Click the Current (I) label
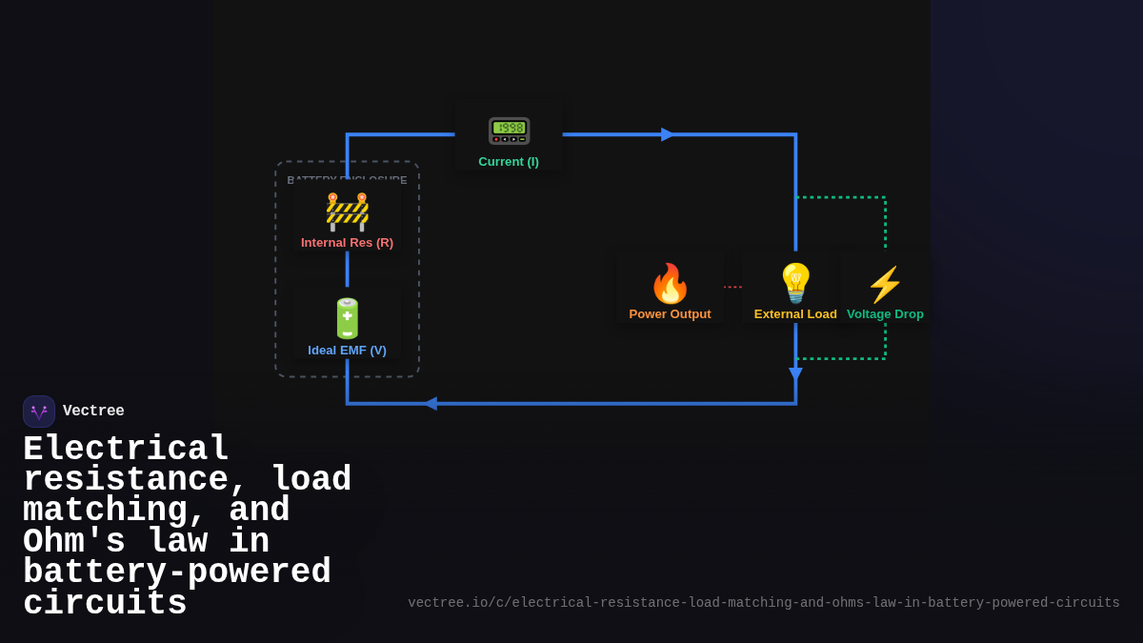(x=509, y=162)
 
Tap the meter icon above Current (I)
(x=509, y=131)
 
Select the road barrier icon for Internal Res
(x=347, y=211)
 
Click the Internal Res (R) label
(x=347, y=243)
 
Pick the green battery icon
(x=347, y=318)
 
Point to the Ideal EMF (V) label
(x=347, y=351)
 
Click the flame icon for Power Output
(x=670, y=284)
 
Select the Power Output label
(x=670, y=314)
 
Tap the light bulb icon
(x=795, y=284)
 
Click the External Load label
(x=795, y=314)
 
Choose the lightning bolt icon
(x=885, y=285)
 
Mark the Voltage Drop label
(x=885, y=314)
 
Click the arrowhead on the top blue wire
(x=667, y=134)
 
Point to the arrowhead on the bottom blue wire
(x=431, y=404)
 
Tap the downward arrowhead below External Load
(x=795, y=373)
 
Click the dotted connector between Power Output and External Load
(x=732, y=287)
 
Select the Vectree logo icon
(x=39, y=412)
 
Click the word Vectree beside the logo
(x=93, y=412)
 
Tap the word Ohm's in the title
(x=74, y=542)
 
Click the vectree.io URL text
(x=763, y=603)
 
